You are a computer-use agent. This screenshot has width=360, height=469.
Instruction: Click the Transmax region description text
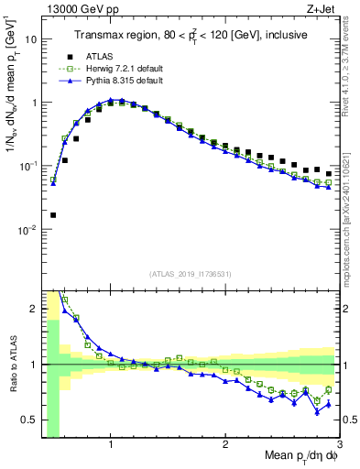tap(191, 35)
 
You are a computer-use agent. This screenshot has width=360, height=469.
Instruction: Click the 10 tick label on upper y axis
tap(30, 39)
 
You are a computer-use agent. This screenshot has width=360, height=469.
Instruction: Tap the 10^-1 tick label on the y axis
tap(27, 167)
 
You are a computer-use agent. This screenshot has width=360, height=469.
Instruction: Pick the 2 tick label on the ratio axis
tap(33, 309)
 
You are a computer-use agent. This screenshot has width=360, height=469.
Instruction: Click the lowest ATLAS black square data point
tap(52, 215)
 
